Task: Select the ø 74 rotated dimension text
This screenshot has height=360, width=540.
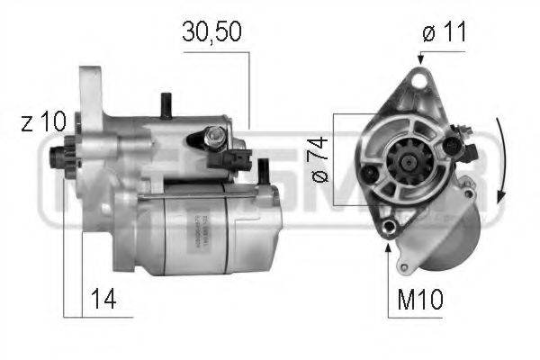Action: click(x=319, y=159)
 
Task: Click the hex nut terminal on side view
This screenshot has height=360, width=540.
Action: click(x=215, y=138)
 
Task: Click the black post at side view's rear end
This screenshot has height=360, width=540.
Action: click(x=264, y=168)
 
